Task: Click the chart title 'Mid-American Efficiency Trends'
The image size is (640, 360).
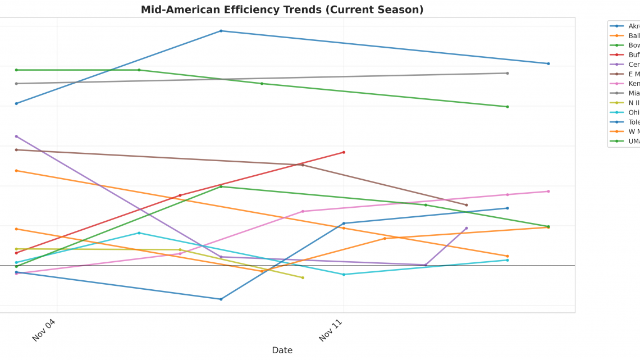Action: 282,10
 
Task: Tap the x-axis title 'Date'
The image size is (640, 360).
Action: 282,350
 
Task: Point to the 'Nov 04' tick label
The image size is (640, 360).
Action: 44,330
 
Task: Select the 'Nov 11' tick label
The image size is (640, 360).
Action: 331,330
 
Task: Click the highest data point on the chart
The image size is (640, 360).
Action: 221,31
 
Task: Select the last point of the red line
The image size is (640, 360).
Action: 344,152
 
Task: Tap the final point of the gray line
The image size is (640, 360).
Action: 508,73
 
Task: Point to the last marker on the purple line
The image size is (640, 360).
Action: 467,228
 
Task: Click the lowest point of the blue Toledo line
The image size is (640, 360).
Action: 221,299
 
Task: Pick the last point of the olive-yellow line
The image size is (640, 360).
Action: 303,277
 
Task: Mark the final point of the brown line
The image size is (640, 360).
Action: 467,205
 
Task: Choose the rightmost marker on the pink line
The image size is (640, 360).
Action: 548,192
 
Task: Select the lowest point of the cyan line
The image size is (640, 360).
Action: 344,275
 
